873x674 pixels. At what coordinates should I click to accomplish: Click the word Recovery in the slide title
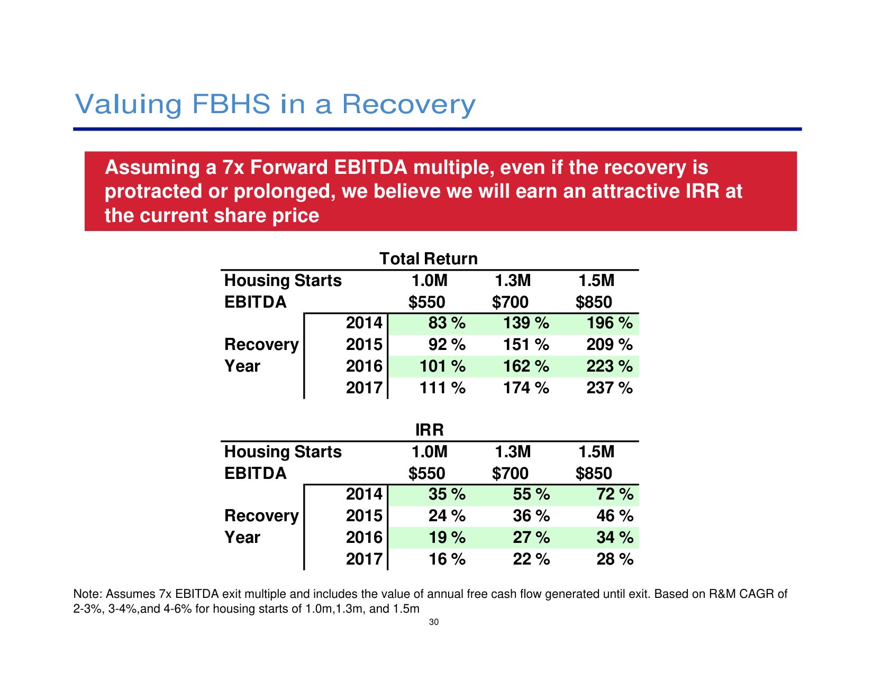[408, 104]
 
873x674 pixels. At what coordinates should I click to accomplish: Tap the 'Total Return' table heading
[429, 258]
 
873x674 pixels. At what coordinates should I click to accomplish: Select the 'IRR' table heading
[429, 430]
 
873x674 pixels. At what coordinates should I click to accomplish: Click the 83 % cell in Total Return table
[447, 323]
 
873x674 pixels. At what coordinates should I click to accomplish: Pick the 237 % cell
[609, 388]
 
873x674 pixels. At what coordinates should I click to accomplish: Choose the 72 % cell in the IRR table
[614, 494]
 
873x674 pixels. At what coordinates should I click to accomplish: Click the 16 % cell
[447, 559]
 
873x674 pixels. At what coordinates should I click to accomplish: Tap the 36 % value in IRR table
[531, 516]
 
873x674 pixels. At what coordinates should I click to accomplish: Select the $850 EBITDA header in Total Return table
[594, 302]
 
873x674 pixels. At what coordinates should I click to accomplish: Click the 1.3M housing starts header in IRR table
[512, 452]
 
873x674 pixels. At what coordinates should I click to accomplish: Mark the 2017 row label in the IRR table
[364, 559]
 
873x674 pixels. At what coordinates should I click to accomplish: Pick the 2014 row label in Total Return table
[364, 323]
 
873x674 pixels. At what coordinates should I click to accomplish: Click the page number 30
[434, 622]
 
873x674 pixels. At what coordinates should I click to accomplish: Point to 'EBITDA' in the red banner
[370, 167]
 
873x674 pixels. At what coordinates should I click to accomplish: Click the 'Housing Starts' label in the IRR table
[283, 452]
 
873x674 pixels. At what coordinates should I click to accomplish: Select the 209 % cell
[609, 345]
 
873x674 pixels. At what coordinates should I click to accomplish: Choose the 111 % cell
[442, 388]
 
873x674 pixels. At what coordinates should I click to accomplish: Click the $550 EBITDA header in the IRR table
[426, 474]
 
